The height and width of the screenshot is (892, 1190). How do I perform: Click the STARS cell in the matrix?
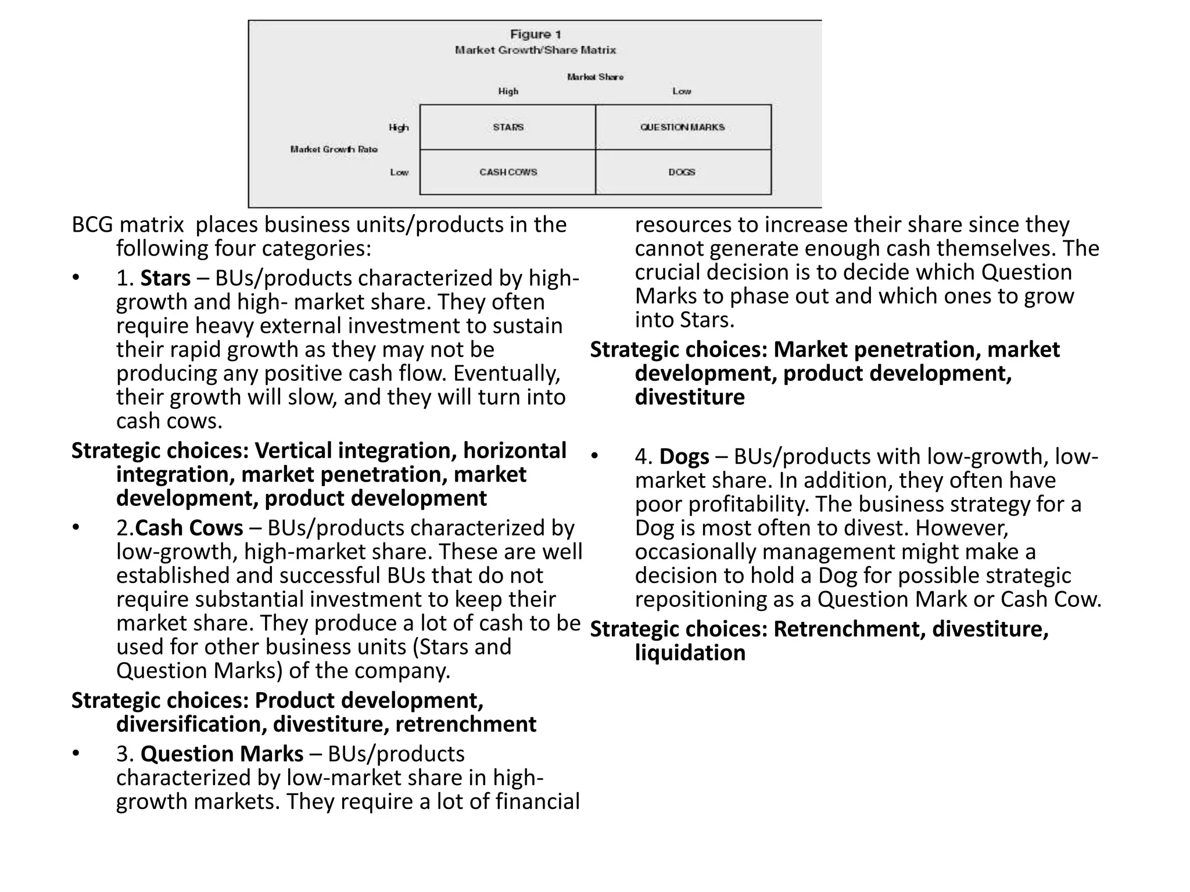[x=508, y=127]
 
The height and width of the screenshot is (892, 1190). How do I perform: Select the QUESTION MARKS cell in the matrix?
[x=682, y=127]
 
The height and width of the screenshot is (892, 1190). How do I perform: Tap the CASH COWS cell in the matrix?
[x=508, y=172]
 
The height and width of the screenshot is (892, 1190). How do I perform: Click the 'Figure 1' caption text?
[x=535, y=35]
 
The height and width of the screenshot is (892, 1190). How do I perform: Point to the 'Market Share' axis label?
[x=595, y=77]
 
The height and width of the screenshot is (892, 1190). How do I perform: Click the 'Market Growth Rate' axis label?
[x=334, y=149]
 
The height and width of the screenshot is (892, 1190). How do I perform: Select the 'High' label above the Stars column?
[x=508, y=91]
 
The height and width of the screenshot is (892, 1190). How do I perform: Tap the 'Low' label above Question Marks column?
[x=682, y=91]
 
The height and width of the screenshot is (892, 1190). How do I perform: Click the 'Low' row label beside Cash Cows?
[x=399, y=172]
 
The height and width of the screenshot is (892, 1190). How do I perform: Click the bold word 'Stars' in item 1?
[x=165, y=278]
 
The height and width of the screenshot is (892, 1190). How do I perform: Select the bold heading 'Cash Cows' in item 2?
[x=189, y=528]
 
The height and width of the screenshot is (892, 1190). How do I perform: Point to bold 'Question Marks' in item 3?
[x=222, y=754]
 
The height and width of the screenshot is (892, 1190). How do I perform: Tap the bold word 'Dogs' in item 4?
[x=684, y=456]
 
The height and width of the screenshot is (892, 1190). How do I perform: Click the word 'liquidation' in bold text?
[x=690, y=653]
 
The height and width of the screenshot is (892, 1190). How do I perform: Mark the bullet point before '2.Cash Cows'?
[x=76, y=527]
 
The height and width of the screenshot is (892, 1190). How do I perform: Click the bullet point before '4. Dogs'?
[x=594, y=456]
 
